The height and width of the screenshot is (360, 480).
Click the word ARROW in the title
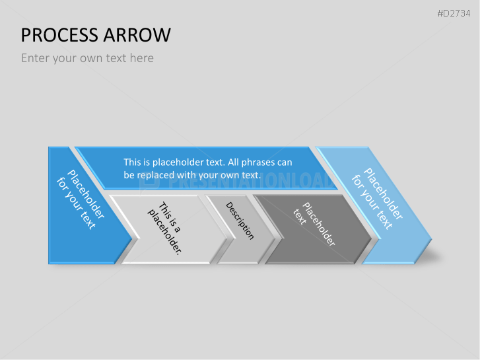coord(137,35)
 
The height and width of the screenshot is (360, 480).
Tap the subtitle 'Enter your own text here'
coord(87,58)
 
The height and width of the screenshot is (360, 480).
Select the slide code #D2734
coord(454,13)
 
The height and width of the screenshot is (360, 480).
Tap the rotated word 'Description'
coord(240,221)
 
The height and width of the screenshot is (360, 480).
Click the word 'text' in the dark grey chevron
coord(300,217)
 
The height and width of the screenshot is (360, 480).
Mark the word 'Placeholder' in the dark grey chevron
coord(319,224)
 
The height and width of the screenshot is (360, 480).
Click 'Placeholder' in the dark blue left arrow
coord(86,194)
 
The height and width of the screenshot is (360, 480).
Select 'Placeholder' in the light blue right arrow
coord(383,194)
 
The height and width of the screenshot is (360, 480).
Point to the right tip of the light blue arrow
coord(432,239)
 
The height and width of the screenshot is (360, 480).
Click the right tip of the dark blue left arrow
coord(132,238)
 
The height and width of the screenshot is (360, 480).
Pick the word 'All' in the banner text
coord(233,162)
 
